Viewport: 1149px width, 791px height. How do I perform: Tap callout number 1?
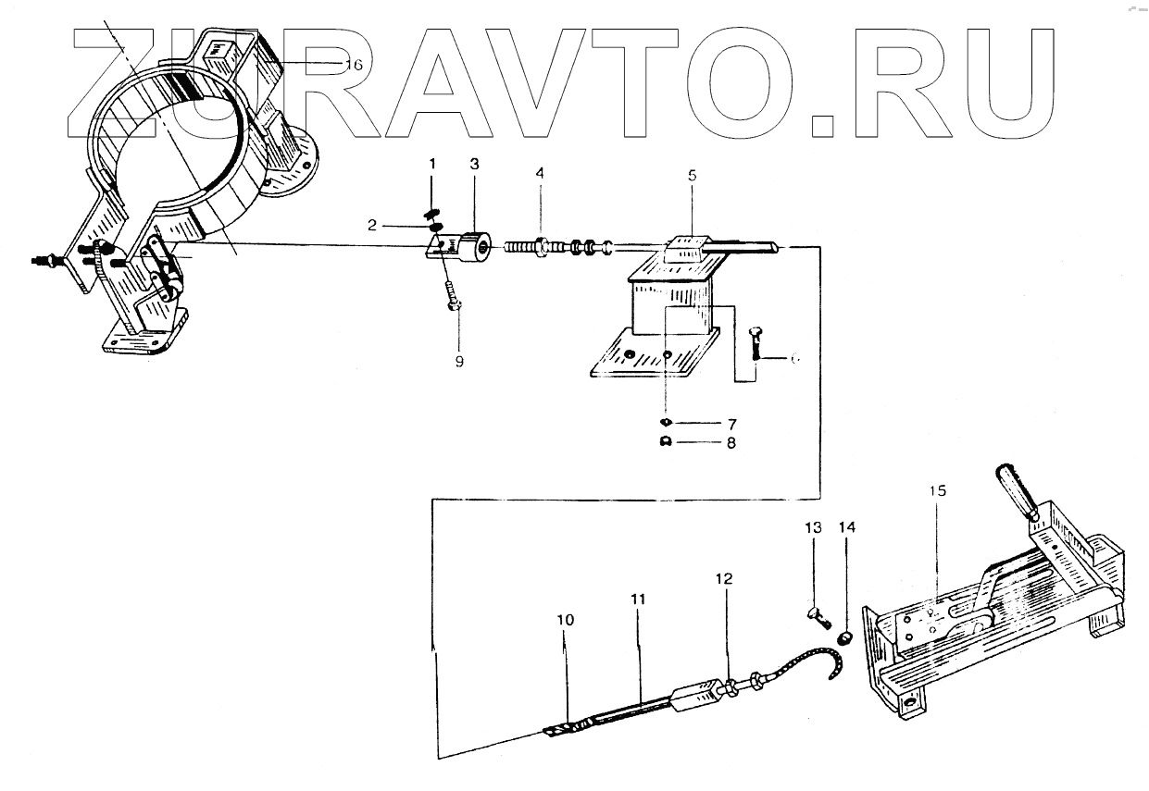431,164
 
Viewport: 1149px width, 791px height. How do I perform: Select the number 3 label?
474,164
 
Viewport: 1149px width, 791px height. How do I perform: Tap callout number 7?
731,423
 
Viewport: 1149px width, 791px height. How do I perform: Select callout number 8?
731,443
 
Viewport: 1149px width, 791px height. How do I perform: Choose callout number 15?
939,490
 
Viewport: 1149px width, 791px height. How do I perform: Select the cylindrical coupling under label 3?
478,248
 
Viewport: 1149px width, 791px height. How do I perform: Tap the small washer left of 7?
666,423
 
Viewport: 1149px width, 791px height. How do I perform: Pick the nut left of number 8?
666,443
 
